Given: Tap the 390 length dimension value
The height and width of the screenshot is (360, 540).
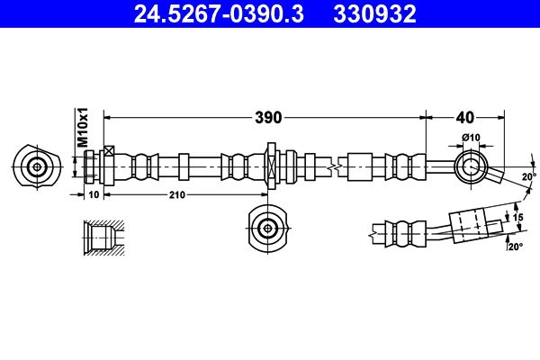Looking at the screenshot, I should click(267, 116).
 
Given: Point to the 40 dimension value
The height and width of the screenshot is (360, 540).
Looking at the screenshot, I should click(464, 116).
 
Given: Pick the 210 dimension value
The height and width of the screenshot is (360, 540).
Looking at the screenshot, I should click(175, 193).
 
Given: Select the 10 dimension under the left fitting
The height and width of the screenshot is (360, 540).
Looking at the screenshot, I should click(94, 193).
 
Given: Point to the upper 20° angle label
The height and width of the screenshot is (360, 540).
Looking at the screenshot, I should click(528, 175).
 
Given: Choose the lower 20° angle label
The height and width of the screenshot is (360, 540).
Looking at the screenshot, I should click(515, 247).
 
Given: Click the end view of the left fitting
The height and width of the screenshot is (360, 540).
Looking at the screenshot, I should click(37, 166).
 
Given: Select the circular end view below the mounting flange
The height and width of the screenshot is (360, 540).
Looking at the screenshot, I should click(267, 229).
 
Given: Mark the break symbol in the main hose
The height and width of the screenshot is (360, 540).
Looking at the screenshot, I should click(334, 166).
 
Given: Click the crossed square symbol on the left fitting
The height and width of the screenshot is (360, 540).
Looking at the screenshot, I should click(110, 151).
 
